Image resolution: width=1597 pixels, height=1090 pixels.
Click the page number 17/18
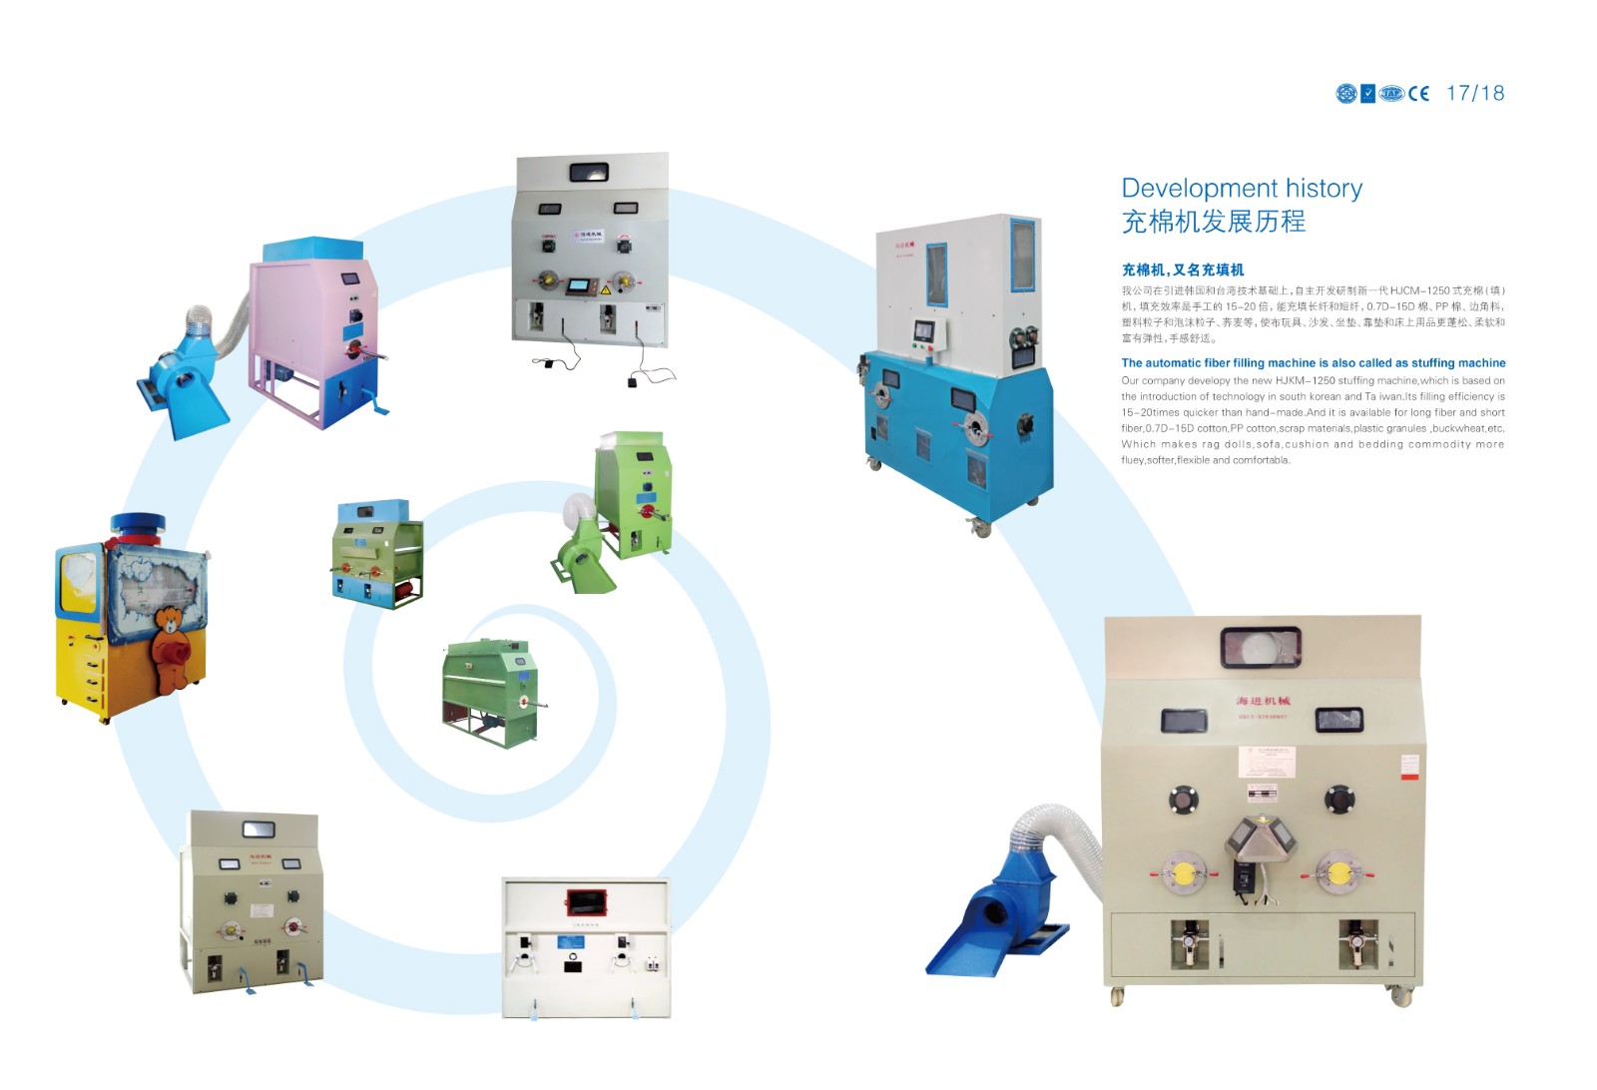pyautogui.click(x=1474, y=93)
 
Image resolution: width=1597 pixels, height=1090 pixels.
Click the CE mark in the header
pyautogui.click(x=1418, y=94)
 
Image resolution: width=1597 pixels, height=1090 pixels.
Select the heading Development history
pyautogui.click(x=1242, y=188)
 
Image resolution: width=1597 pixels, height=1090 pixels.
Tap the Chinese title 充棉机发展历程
pyautogui.click(x=1213, y=222)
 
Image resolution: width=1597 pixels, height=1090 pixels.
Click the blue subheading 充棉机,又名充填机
pyautogui.click(x=1182, y=270)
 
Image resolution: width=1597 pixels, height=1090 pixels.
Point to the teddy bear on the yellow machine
pyautogui.click(x=173, y=644)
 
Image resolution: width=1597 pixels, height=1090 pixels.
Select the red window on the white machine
pyautogui.click(x=587, y=901)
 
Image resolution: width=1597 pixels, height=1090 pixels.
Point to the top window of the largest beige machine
pyautogui.click(x=1261, y=647)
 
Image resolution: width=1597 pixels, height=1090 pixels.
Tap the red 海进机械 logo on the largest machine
pyautogui.click(x=1263, y=701)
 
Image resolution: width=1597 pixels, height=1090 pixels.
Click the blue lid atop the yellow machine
pyautogui.click(x=138, y=525)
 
